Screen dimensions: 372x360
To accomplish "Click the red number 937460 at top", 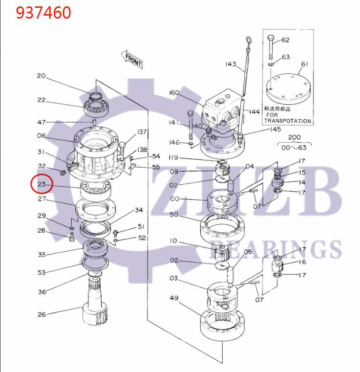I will pyautogui.click(x=43, y=12).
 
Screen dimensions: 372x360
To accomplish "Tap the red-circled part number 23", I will pyautogui.click(x=41, y=184).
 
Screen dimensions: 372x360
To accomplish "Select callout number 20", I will pyautogui.click(x=41, y=76).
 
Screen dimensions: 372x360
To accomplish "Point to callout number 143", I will pyautogui.click(x=231, y=65).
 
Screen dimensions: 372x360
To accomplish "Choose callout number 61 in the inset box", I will pyautogui.click(x=304, y=64).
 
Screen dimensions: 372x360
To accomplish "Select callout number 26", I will pyautogui.click(x=42, y=314).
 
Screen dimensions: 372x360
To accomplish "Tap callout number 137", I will pyautogui.click(x=142, y=132).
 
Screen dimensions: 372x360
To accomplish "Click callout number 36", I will pyautogui.click(x=42, y=292).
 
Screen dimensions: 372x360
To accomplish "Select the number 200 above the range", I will pyautogui.click(x=295, y=138).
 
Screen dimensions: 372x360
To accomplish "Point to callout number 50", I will pyautogui.click(x=174, y=215).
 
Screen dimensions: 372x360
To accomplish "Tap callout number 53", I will pyautogui.click(x=42, y=272).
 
